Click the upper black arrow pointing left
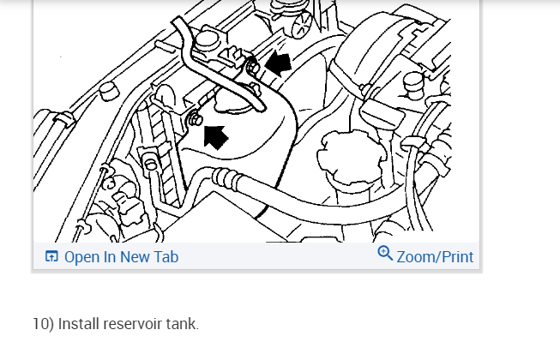pos(279,63)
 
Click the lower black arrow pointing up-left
pos(215,135)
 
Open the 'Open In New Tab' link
pos(121,256)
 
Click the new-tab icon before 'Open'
pos(51,256)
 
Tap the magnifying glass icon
pos(385,254)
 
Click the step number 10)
pos(43,324)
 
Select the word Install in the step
pos(78,324)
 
